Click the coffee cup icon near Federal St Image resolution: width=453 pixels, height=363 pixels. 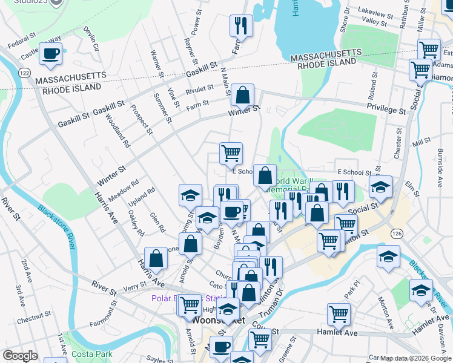click(51, 53)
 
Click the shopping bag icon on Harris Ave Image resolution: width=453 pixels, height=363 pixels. click(156, 258)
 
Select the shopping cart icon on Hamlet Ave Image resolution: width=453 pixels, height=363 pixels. click(339, 313)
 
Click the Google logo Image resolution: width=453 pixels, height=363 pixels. click(20, 356)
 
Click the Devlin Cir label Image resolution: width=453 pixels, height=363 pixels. click(91, 38)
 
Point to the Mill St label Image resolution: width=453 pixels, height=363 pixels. click(420, 142)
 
